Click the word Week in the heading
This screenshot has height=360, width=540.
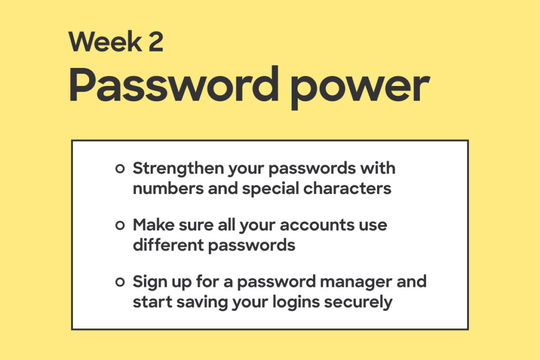105,42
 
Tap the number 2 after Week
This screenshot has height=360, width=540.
156,42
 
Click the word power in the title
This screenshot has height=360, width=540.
360,88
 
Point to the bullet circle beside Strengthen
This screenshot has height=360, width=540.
120,169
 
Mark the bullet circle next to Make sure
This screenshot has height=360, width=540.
120,226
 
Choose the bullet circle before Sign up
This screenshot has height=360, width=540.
120,282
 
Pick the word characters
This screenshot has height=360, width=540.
347,189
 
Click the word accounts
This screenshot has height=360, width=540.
316,226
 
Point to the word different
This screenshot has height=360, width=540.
168,246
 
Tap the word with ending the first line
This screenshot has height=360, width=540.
378,168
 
